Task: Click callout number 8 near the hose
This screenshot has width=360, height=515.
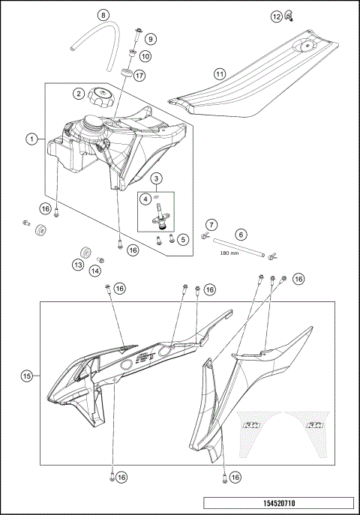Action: (x=103, y=15)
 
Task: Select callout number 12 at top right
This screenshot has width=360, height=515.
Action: (x=276, y=16)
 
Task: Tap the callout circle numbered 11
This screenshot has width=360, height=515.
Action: (x=219, y=74)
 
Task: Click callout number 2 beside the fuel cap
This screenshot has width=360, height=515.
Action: (x=78, y=94)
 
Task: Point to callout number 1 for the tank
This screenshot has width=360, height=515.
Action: (x=31, y=139)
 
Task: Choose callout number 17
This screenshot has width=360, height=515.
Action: (x=139, y=75)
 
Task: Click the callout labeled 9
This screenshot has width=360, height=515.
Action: (x=151, y=38)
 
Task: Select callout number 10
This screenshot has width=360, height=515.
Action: (x=145, y=55)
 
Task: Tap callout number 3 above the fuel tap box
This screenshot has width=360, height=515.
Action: (x=156, y=178)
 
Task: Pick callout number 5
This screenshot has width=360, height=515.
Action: (x=183, y=239)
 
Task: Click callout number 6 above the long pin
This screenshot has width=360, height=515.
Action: (x=241, y=235)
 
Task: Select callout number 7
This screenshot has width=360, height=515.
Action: (x=211, y=225)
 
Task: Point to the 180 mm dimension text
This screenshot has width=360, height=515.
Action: (x=229, y=254)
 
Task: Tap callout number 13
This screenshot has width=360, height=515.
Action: (x=78, y=264)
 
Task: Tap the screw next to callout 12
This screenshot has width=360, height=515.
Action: (x=288, y=16)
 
